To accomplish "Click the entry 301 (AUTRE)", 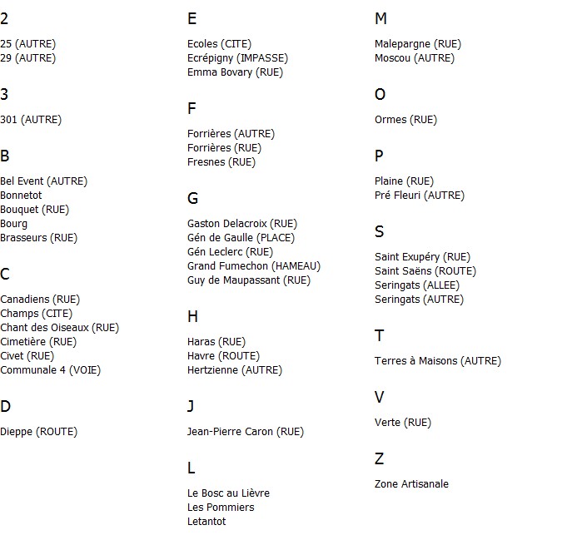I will (31, 120).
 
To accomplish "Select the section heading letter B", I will (5, 156).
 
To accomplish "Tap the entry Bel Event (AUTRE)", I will (43, 181).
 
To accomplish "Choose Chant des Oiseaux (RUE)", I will (59, 328).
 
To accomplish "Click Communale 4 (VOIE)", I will (50, 370).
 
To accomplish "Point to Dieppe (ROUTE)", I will (38, 432).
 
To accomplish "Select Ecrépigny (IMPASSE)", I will (237, 58).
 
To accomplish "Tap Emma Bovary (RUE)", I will (235, 72).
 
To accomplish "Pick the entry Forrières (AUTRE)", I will (231, 134).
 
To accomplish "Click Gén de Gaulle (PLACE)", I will (241, 238).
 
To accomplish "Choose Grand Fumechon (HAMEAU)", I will (254, 266).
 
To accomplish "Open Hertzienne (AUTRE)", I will (235, 370).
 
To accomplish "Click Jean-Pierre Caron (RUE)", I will (246, 432).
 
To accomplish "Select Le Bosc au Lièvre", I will (228, 493).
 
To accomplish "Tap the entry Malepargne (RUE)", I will (418, 44).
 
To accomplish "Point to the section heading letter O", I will (380, 94).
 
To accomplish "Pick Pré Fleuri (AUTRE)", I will (420, 196).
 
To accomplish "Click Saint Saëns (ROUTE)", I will (425, 271).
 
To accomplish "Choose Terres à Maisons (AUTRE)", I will (438, 361).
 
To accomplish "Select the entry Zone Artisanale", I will (411, 484).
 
